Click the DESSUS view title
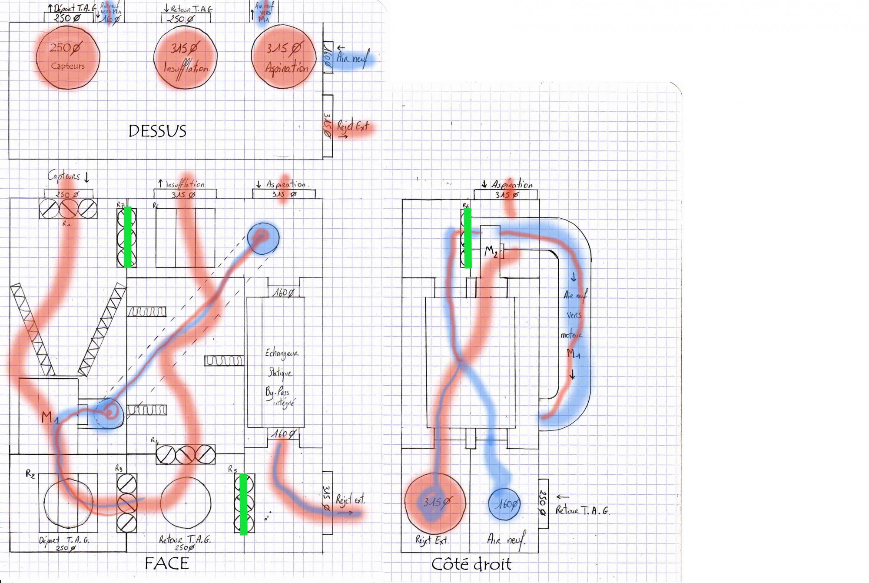click(x=157, y=131)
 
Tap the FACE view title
click(x=167, y=563)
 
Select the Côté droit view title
click(x=471, y=564)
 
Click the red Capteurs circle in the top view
click(x=68, y=57)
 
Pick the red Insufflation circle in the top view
click(x=186, y=57)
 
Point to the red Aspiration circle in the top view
click(x=284, y=57)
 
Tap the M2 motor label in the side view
click(x=491, y=251)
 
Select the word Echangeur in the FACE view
click(x=282, y=353)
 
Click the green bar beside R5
click(x=243, y=503)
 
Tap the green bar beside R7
click(x=128, y=237)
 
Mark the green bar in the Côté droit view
click(x=468, y=238)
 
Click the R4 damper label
click(x=155, y=440)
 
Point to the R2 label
click(x=30, y=474)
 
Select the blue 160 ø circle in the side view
click(x=504, y=504)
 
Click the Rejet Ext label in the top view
click(x=352, y=127)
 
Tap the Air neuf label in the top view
click(x=352, y=58)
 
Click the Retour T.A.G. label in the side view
click(x=582, y=510)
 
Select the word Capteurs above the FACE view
click(x=64, y=176)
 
